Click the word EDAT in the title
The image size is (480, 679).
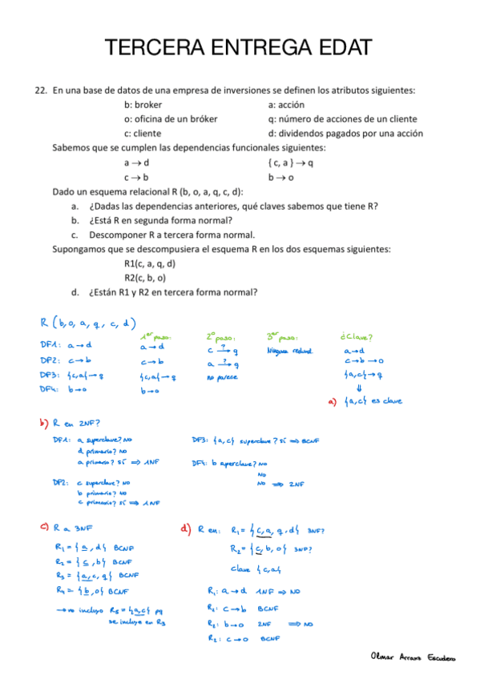[x=337, y=47]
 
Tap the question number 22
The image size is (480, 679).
[x=41, y=90]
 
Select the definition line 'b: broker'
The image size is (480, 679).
[x=143, y=105]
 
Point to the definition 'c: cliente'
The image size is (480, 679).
[x=143, y=134]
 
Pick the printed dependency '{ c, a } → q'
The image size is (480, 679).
[x=291, y=163]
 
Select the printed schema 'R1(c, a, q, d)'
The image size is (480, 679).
[x=150, y=263]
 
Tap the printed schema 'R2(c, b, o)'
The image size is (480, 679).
[x=144, y=278]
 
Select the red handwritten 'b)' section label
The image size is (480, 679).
[x=42, y=423]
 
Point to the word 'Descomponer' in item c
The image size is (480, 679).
[x=115, y=235]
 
